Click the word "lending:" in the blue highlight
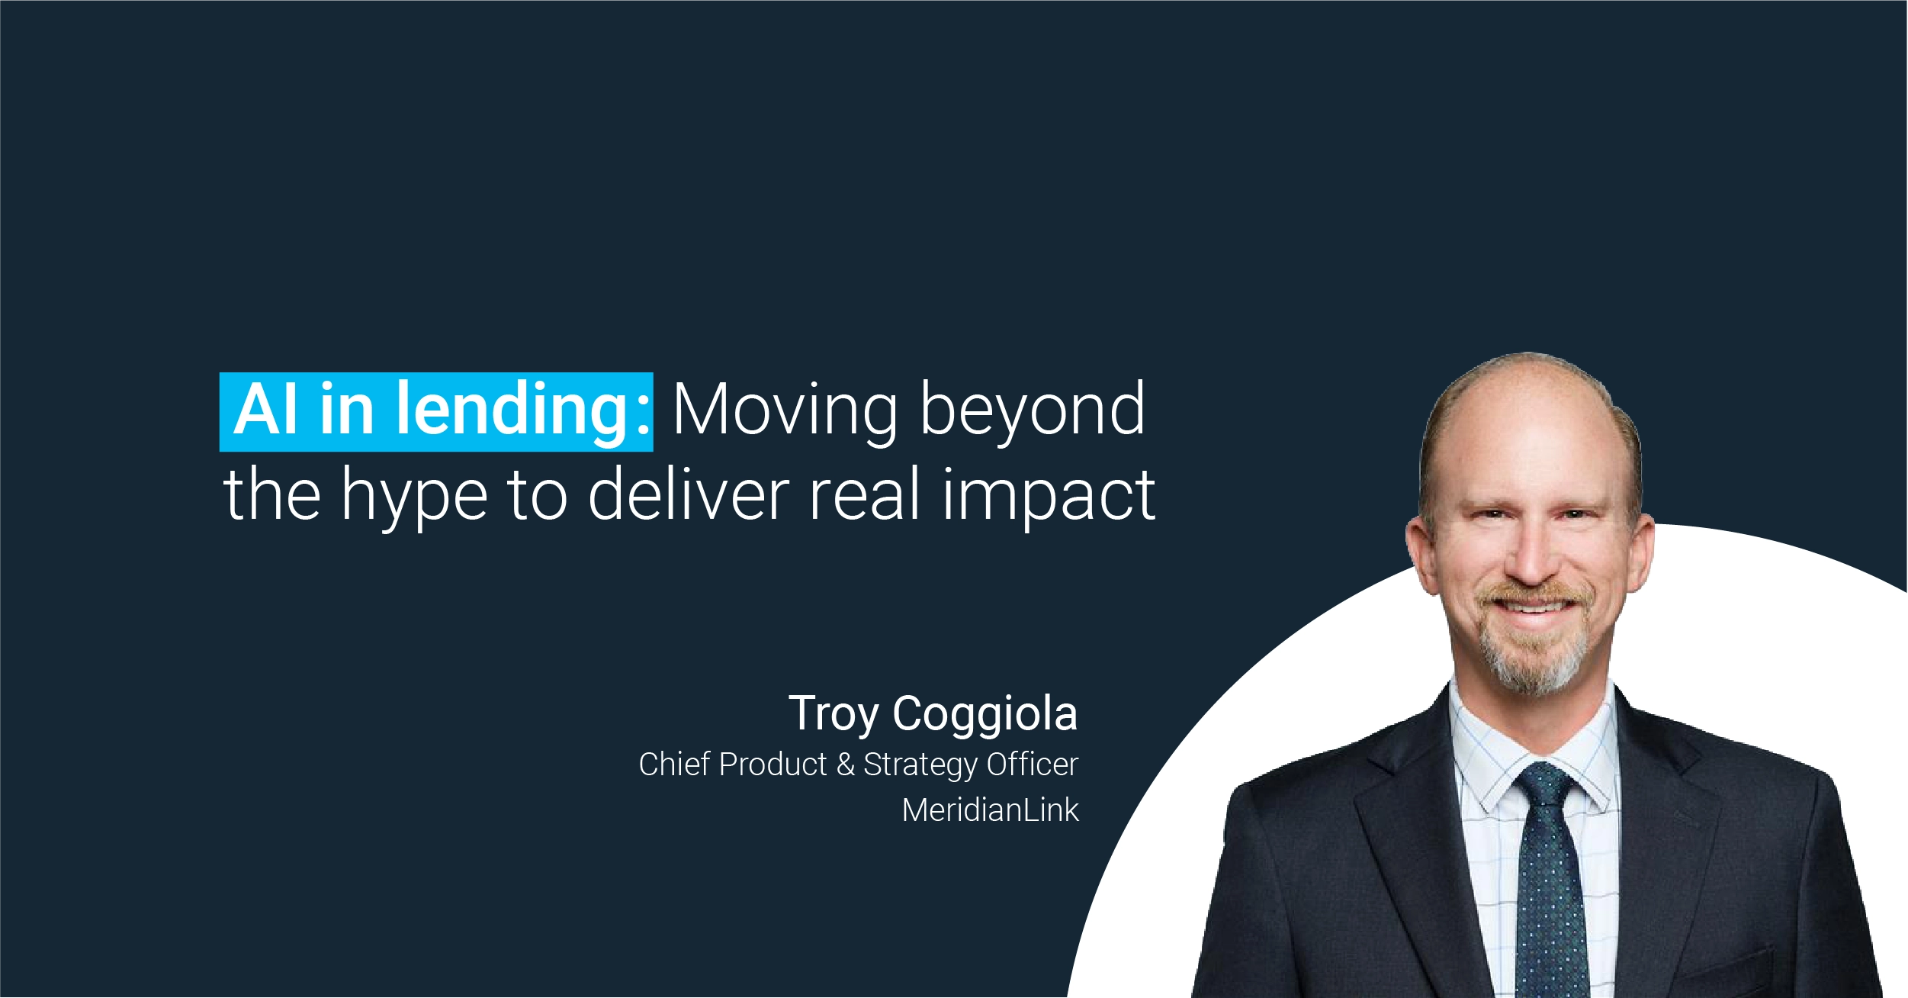pos(522,412)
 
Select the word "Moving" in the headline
pos(785,412)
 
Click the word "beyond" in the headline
pos(1033,412)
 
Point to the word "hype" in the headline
pos(414,497)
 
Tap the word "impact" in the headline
pos(1049,497)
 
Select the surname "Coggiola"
pos(985,715)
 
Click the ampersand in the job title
pos(845,765)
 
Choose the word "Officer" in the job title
pos(1033,765)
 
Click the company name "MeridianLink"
pos(991,810)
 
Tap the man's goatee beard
pos(1533,656)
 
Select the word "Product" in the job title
pos(773,765)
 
